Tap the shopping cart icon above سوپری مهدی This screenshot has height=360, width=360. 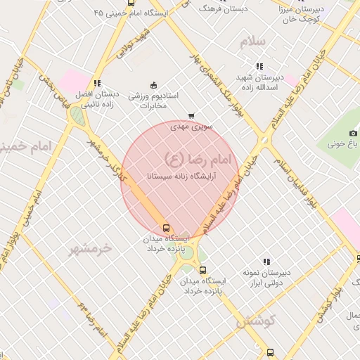click(x=191, y=117)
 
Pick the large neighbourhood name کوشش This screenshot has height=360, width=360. click(x=255, y=321)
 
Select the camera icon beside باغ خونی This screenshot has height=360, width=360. click(x=353, y=133)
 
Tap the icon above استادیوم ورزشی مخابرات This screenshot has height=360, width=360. click(x=155, y=85)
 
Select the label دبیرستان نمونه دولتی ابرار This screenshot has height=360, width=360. click(x=265, y=277)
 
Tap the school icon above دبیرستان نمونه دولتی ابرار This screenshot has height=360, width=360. click(x=266, y=262)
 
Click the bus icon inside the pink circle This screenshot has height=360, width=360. click(x=167, y=228)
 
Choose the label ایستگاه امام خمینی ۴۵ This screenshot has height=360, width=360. click(x=138, y=13)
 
